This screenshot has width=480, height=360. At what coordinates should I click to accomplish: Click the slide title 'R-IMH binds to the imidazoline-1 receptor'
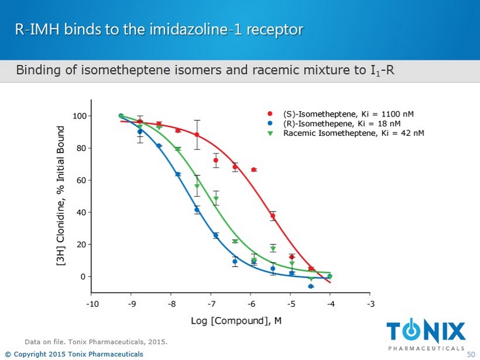[159, 29]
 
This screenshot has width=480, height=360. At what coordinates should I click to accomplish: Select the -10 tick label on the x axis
[92, 305]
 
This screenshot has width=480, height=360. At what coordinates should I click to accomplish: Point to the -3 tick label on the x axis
[369, 305]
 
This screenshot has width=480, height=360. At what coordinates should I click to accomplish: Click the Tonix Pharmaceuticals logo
[427, 334]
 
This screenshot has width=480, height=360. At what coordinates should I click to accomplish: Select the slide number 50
[471, 354]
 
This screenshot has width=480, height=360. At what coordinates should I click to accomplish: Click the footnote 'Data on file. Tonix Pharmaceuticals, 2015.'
[96, 341]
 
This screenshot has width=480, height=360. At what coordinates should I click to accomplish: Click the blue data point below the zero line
[310, 286]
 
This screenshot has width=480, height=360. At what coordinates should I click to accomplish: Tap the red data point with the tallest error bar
[197, 135]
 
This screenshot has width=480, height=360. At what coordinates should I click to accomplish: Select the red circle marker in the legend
[270, 114]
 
